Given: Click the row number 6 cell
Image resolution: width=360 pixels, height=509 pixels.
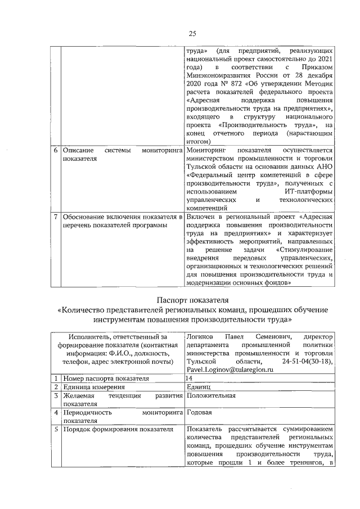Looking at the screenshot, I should pos(55,151).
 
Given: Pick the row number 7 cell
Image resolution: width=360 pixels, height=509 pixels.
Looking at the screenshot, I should pos(55,215).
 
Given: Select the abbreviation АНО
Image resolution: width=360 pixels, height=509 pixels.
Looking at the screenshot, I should pos(326,168).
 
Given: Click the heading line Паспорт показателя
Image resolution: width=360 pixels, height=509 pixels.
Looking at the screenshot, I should pos(192,299).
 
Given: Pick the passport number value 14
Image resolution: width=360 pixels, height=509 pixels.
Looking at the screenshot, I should pos(189,379).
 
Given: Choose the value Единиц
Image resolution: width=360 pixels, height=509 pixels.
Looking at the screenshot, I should pos(197,388).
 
